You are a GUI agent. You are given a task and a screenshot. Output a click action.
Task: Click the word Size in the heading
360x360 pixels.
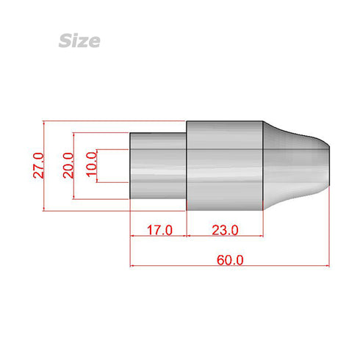(x=79, y=40)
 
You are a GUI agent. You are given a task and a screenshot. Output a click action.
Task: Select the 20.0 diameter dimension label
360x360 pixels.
(x=68, y=165)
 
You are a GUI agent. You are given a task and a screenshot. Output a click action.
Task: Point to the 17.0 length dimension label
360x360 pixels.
(x=159, y=230)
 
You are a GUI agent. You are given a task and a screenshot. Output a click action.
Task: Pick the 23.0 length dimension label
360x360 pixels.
(x=224, y=230)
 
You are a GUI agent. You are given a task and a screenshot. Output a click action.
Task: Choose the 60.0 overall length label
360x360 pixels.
(x=230, y=260)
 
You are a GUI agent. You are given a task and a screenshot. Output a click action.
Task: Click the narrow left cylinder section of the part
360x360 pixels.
(x=158, y=165)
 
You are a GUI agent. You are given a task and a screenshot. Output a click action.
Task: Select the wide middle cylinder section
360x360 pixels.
(x=224, y=165)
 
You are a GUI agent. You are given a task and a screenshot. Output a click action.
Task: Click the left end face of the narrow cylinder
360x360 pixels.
(x=131, y=165)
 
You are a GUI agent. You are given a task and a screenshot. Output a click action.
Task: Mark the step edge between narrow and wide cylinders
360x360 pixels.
(x=187, y=165)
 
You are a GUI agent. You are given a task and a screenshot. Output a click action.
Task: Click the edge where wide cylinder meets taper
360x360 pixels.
(x=262, y=165)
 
